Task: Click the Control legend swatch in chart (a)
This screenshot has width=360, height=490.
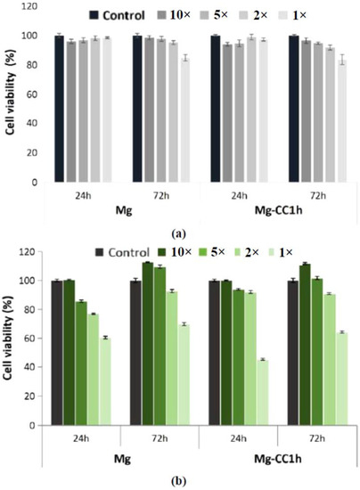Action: pyautogui.click(x=94, y=15)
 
